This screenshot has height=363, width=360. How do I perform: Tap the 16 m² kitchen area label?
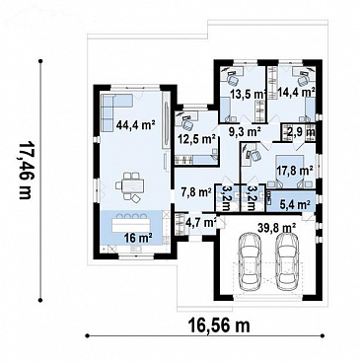click(138, 238)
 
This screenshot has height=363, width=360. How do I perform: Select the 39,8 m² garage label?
click(276, 227)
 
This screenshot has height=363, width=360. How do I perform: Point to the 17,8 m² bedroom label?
click(294, 171)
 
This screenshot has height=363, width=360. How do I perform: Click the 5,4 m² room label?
click(295, 205)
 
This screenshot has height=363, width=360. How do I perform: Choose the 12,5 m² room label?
click(196, 139)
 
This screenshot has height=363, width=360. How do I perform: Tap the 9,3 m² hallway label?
click(245, 131)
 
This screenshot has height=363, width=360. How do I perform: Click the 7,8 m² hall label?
click(196, 191)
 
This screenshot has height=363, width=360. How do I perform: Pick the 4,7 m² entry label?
click(201, 222)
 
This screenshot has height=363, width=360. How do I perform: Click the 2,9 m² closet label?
click(301, 132)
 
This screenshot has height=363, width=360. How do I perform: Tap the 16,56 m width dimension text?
click(219, 326)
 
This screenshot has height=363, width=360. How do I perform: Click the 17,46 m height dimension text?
click(26, 171)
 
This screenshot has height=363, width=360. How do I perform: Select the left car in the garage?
click(250, 261)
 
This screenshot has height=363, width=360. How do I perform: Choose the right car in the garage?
click(286, 261)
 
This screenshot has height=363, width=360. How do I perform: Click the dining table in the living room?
click(133, 186)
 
